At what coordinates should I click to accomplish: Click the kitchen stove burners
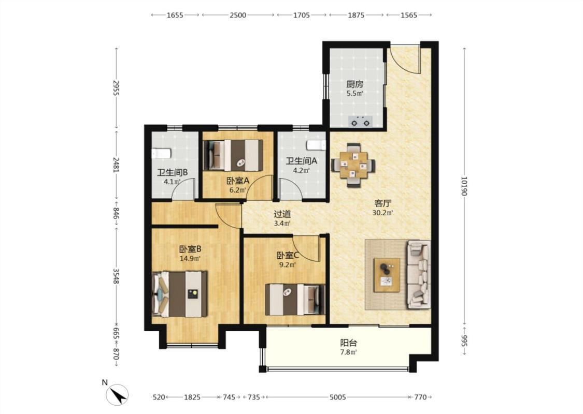click(360, 122)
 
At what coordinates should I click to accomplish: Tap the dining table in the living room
click(353, 165)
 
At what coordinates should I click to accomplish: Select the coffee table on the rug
click(387, 275)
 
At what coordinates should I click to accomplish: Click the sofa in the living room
click(419, 274)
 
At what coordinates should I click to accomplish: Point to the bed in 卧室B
click(180, 294)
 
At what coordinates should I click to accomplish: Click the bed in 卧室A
click(233, 155)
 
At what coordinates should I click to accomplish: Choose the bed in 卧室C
click(295, 299)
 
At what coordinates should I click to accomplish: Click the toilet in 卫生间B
click(161, 153)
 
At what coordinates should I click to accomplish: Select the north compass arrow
click(118, 394)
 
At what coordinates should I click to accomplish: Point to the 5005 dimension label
click(337, 397)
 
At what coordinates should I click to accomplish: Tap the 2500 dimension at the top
click(237, 15)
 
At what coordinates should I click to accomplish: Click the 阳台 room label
click(349, 343)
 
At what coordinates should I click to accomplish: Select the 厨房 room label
click(354, 84)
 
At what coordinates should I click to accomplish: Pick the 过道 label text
click(282, 214)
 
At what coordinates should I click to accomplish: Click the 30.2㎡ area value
click(382, 213)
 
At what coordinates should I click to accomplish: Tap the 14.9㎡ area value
click(190, 259)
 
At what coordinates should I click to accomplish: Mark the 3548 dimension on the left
click(116, 276)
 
